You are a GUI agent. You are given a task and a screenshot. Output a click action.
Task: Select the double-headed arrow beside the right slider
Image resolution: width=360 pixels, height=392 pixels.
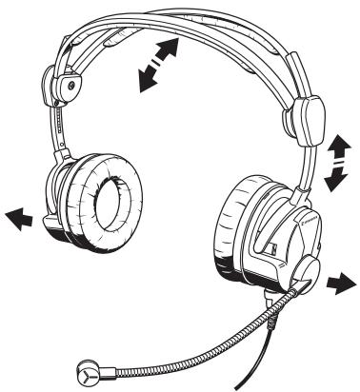pyautogui.click(x=334, y=162)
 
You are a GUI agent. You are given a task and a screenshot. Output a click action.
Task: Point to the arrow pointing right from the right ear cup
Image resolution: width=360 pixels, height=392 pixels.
pyautogui.click(x=337, y=282)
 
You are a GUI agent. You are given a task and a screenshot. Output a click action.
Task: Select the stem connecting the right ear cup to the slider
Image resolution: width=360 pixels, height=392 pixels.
pyautogui.click(x=303, y=167)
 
